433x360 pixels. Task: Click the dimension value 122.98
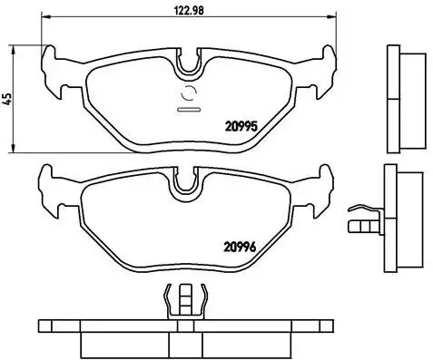click(x=188, y=13)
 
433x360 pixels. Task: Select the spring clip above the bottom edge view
click(x=188, y=300)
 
